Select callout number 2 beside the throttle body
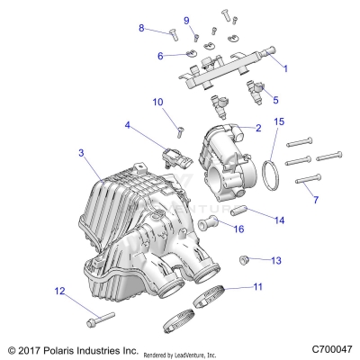(258, 129)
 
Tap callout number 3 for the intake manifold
(81, 154)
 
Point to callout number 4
(129, 125)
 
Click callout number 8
(141, 28)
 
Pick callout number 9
(186, 20)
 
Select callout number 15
(278, 121)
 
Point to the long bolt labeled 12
(100, 318)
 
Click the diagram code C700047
(332, 349)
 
